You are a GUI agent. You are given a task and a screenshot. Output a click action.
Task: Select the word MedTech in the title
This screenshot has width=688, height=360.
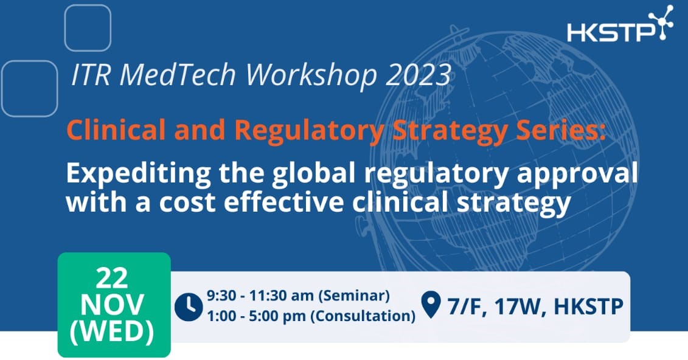pos(178,74)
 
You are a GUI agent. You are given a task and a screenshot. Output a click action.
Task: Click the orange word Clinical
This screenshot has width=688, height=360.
pos(116,130)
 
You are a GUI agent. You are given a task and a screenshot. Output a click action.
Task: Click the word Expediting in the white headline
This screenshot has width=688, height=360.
pos(139,174)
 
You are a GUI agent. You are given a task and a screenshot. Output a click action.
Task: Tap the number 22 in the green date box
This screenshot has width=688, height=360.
pos(112,278)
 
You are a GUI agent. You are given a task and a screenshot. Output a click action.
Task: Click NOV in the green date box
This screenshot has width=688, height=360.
pos(113,305)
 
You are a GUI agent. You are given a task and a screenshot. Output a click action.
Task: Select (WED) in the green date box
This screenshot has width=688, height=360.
pos(113,332)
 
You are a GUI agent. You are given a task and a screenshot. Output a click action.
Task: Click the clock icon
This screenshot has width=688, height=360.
pos(189,307)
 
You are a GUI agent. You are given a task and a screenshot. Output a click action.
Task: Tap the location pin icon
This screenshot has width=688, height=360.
pos(431,304)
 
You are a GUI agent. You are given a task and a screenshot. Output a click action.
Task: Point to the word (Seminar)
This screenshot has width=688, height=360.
pos(354,296)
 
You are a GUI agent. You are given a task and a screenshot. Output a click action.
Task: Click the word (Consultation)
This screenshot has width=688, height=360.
pos(363,316)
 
